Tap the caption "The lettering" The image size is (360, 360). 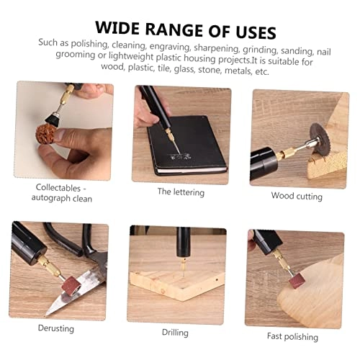coord(181,192)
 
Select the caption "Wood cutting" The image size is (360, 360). coord(297,195)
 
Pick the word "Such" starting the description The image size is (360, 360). coord(50,42)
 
